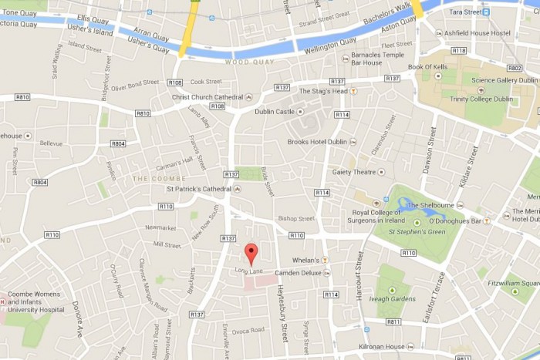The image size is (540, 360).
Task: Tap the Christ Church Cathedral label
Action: click(207, 97)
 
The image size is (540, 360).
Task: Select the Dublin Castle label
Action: click(275, 111)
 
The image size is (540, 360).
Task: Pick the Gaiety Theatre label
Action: click(354, 172)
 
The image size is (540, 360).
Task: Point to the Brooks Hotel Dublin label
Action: click(317, 142)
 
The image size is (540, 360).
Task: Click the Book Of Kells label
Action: click(428, 67)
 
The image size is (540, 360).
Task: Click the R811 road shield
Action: click(393, 321)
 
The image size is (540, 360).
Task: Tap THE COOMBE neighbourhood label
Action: click(150, 178)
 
